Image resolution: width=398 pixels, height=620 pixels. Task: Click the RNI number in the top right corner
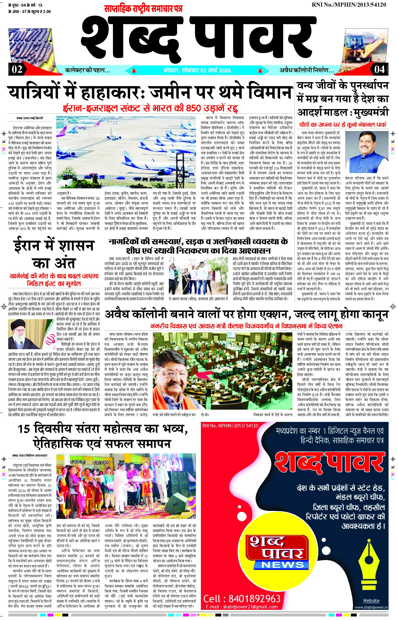click(x=349, y=5)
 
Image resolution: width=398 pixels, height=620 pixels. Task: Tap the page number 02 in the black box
click(x=17, y=69)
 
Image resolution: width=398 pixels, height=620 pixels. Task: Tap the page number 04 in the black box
click(x=379, y=69)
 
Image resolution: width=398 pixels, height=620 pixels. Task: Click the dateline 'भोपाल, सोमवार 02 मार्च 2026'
click(x=197, y=70)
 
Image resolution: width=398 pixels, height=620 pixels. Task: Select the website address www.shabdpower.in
click(x=371, y=607)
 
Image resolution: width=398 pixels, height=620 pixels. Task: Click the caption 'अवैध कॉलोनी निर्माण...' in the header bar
click(x=307, y=70)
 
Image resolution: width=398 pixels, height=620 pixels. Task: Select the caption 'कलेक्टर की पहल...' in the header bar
click(x=88, y=70)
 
